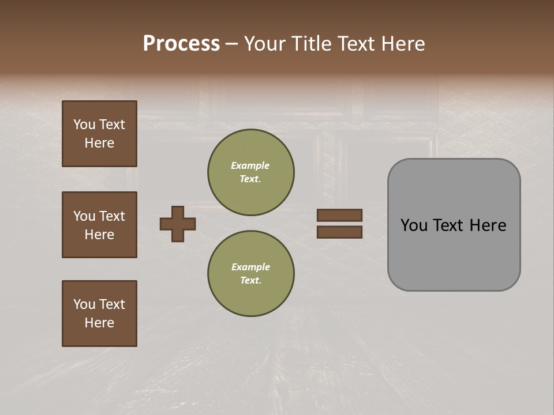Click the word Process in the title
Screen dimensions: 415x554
(181, 44)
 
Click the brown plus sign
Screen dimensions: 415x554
(178, 224)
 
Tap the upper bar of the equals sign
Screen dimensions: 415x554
(339, 215)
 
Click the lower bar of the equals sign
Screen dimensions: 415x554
(339, 232)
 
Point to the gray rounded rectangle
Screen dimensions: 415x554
(454, 259)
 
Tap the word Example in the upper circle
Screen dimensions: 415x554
(250, 165)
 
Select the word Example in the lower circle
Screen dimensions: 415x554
(250, 267)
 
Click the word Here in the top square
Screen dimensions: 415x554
(99, 143)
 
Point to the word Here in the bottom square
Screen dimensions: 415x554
(99, 323)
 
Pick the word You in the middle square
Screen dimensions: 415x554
(84, 216)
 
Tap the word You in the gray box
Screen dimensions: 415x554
(414, 225)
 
